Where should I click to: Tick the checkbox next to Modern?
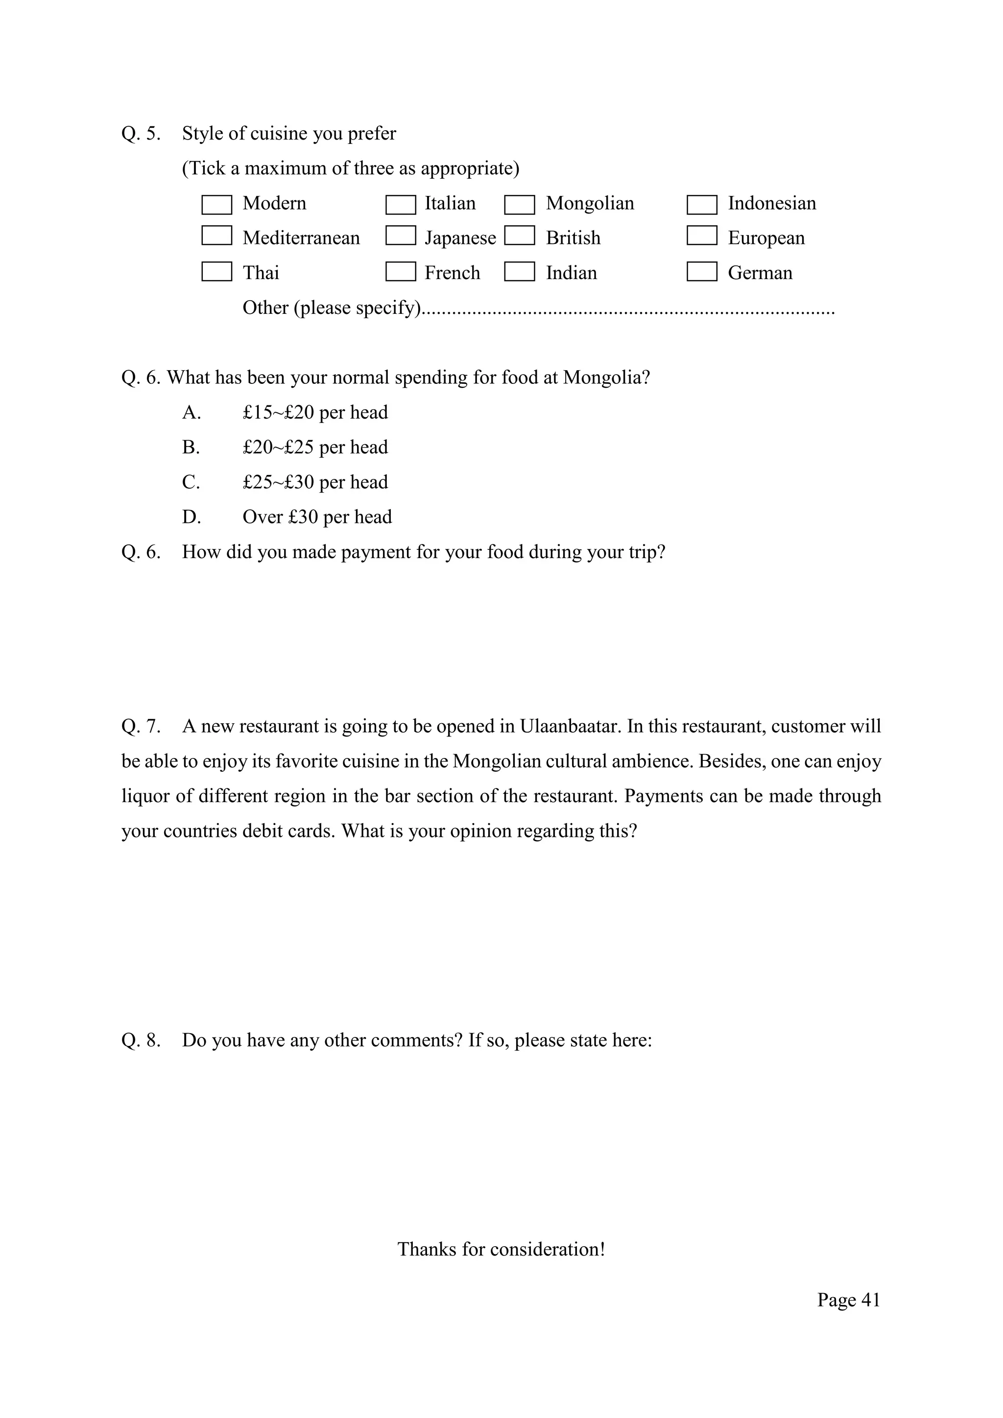click(x=217, y=204)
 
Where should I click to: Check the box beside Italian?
click(x=400, y=204)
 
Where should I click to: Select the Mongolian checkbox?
click(x=520, y=204)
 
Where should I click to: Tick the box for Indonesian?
click(x=702, y=204)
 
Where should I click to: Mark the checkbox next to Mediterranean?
click(x=217, y=236)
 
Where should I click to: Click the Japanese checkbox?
click(x=400, y=236)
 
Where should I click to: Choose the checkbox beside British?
click(x=520, y=236)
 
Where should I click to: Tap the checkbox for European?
click(x=702, y=236)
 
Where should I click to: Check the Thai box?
click(x=217, y=272)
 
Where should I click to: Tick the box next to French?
click(x=400, y=272)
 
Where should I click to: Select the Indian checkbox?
click(x=520, y=272)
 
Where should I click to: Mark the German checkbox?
click(x=702, y=272)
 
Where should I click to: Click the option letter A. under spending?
click(x=191, y=413)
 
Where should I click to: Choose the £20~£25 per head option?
click(x=315, y=447)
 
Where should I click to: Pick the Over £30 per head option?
click(x=317, y=517)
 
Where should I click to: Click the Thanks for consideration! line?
click(x=501, y=1250)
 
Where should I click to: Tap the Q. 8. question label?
click(x=141, y=1040)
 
